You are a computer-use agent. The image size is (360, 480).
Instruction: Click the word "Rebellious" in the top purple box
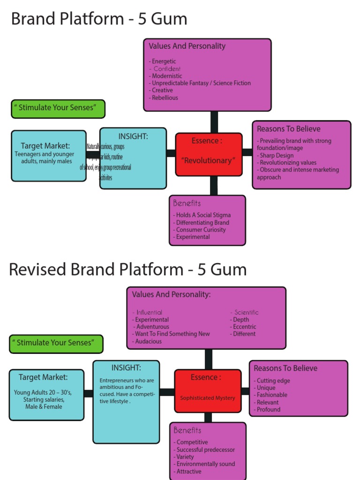pyautogui.click(x=165, y=97)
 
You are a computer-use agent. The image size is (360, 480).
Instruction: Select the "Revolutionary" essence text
pyautogui.click(x=209, y=160)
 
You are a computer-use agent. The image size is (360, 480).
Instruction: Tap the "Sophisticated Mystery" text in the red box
pyautogui.click(x=208, y=398)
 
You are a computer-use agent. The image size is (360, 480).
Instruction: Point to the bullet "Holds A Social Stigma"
pyautogui.click(x=203, y=215)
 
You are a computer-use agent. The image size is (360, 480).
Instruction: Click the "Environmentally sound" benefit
pyautogui.click(x=205, y=464)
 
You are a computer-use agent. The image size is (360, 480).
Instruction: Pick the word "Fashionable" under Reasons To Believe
pyautogui.click(x=272, y=395)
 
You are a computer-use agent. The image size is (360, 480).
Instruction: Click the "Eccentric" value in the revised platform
pyautogui.click(x=244, y=327)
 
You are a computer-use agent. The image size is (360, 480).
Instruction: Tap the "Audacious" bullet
pyautogui.click(x=148, y=341)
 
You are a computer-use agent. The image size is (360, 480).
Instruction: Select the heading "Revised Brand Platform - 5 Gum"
pyautogui.click(x=127, y=270)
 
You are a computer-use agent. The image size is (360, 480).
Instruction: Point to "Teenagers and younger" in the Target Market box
pyautogui.click(x=44, y=154)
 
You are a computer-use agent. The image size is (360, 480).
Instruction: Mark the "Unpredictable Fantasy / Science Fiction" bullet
pyautogui.click(x=201, y=83)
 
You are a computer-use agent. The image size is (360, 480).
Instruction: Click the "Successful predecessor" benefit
pyautogui.click(x=205, y=450)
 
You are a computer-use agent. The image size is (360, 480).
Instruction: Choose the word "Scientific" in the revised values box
pyautogui.click(x=246, y=312)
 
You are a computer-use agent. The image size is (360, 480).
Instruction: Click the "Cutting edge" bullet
pyautogui.click(x=273, y=381)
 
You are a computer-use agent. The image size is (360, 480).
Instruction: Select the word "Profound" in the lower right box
pyautogui.click(x=268, y=409)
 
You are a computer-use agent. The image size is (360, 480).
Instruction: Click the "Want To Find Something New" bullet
pyautogui.click(x=172, y=334)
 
